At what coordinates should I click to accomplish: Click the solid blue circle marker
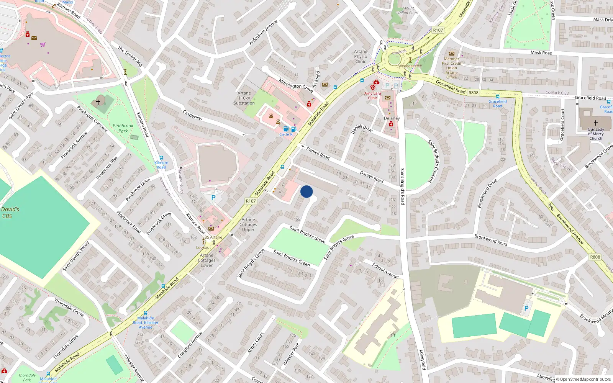point(306,191)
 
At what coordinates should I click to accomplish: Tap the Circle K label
point(286,134)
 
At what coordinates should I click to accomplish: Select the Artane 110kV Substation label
point(244,98)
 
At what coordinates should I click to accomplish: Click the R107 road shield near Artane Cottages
point(251,201)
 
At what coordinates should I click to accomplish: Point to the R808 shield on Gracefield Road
point(474,93)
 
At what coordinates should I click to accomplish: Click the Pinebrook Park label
point(123,128)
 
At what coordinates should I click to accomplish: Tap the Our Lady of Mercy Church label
point(596,134)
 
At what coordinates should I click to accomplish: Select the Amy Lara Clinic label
point(372,95)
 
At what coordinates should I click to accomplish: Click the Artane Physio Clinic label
point(361,56)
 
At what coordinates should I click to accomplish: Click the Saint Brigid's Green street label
point(292,258)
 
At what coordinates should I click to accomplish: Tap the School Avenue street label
point(385,270)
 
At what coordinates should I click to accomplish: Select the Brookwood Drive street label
point(487,193)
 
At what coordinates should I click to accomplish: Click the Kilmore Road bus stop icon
point(161,158)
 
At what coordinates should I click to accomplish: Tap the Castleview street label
point(193,115)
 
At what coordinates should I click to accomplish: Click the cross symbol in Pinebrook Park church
point(98,102)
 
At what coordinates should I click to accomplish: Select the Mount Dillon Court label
point(408,10)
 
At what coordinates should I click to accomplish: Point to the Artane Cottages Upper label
point(248,224)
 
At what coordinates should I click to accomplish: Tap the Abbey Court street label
point(256,342)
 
